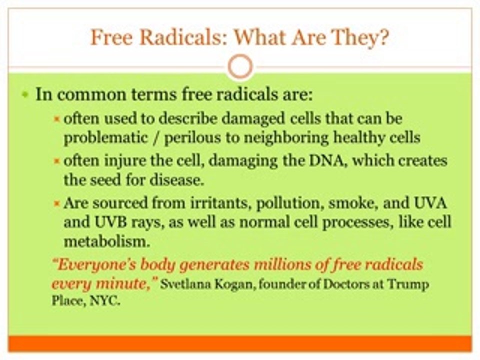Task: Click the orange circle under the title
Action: coord(241,66)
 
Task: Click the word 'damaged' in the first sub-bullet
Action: coord(252,119)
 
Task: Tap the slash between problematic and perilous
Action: coord(156,138)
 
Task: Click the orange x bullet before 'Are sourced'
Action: coord(56,203)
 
